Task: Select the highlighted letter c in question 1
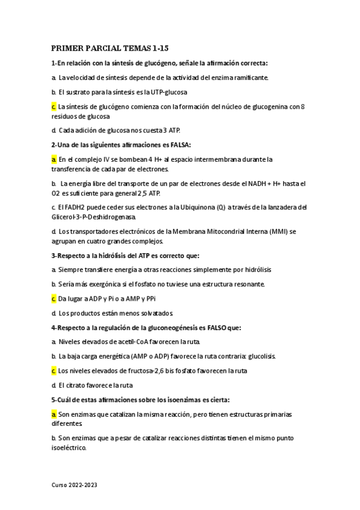tap(53, 106)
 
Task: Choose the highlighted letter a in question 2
tap(53, 159)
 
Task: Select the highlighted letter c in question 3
tap(53, 298)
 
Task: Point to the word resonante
tap(246, 284)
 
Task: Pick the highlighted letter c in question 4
tap(53, 370)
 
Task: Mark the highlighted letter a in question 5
tap(53, 414)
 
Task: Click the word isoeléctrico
tap(69, 447)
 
